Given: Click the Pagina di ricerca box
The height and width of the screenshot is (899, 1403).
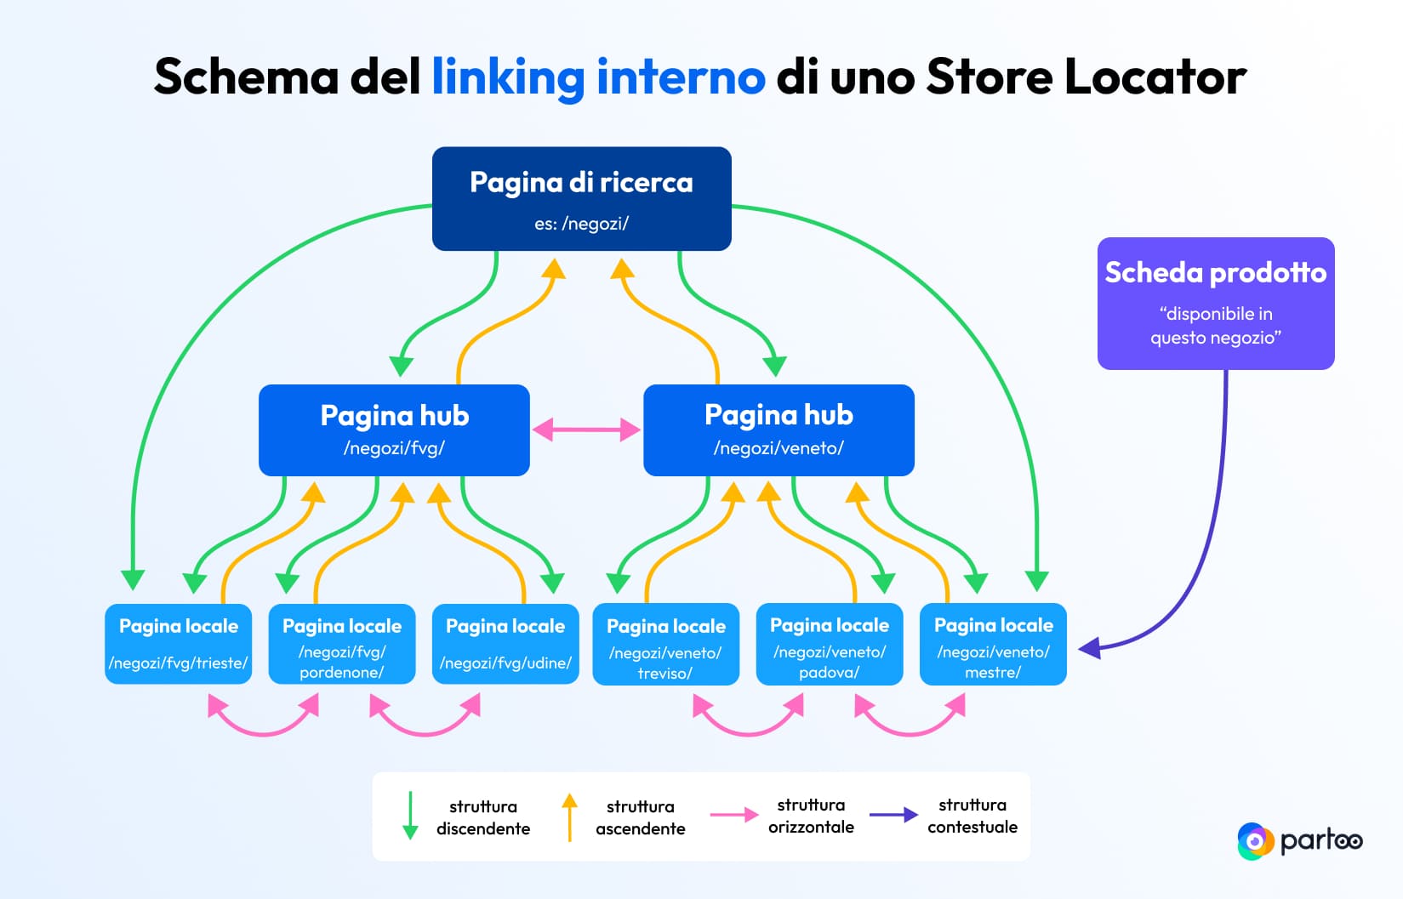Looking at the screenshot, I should click(x=581, y=199).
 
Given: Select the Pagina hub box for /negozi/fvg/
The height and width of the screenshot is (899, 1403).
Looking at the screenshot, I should click(x=394, y=430).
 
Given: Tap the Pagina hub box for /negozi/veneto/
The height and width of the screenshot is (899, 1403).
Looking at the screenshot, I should click(x=778, y=430).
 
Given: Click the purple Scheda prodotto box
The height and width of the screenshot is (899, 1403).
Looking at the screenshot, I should click(x=1215, y=304).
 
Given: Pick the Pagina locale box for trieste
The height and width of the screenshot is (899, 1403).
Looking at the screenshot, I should click(x=179, y=644).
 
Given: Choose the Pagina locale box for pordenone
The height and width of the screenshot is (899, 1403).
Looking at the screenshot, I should click(x=342, y=644).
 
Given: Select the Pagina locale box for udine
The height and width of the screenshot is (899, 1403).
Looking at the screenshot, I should click(x=505, y=644).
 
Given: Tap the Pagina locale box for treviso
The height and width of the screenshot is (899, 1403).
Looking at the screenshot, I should click(x=665, y=645).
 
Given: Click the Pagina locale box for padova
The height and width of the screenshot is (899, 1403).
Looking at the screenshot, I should click(x=829, y=644).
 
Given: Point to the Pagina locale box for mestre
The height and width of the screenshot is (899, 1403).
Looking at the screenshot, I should click(x=993, y=644).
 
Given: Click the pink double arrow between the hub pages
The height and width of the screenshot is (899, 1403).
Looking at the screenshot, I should click(x=586, y=430).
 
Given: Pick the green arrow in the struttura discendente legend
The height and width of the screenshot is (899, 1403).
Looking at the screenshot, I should click(x=410, y=816).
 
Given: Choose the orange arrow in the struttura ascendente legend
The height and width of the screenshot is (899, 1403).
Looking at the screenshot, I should click(x=570, y=816).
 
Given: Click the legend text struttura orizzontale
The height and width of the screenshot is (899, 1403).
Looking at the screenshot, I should click(x=810, y=816).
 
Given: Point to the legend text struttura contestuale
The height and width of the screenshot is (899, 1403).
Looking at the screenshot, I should click(x=972, y=816).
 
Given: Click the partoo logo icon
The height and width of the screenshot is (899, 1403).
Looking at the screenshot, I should click(x=1254, y=841).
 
